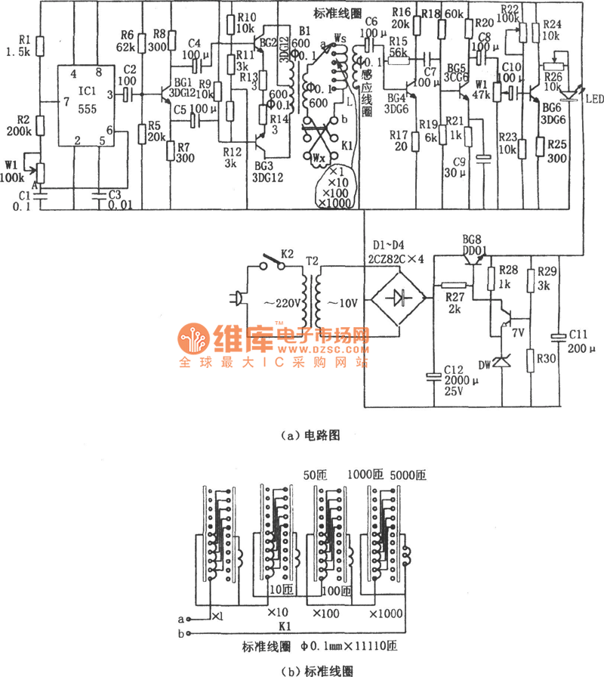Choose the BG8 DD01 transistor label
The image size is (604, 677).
pyautogui.click(x=479, y=242)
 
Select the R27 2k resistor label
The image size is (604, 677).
pyautogui.click(x=454, y=302)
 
